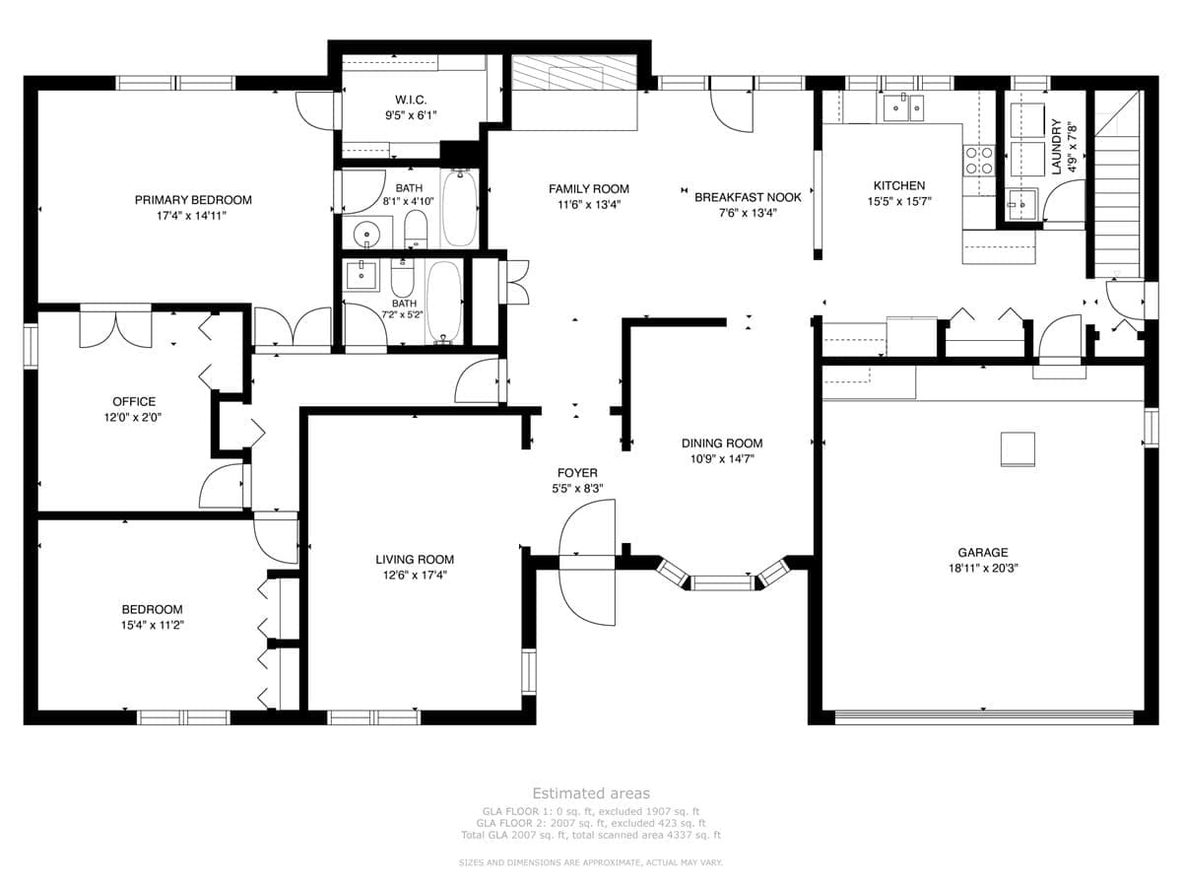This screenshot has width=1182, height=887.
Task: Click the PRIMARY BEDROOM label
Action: pos(193,200)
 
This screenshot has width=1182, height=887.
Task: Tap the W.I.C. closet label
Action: pos(411,100)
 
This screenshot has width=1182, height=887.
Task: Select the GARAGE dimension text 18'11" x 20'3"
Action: pos(983,568)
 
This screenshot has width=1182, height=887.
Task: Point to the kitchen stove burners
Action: pos(978,161)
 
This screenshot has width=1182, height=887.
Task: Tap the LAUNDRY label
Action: pos(1057,147)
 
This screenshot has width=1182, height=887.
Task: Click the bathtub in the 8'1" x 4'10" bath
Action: pos(459,207)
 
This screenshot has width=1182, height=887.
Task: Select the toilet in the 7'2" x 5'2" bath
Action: pos(401,277)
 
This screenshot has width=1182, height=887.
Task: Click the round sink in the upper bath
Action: pos(366,235)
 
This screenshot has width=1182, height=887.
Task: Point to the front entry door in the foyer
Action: pos(587,562)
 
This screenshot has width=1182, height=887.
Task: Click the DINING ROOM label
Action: pos(722,443)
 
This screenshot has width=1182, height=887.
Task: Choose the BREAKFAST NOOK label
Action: pos(748,197)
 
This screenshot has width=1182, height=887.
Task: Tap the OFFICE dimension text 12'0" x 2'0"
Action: pos(133,417)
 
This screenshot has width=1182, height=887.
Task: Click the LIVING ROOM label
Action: pos(415,560)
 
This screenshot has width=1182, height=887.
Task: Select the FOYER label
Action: pos(577,473)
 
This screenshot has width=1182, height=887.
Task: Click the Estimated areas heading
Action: pos(591,793)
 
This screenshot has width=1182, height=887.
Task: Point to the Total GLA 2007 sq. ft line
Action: pos(591,836)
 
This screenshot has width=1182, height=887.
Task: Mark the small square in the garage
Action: pos(1018,448)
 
